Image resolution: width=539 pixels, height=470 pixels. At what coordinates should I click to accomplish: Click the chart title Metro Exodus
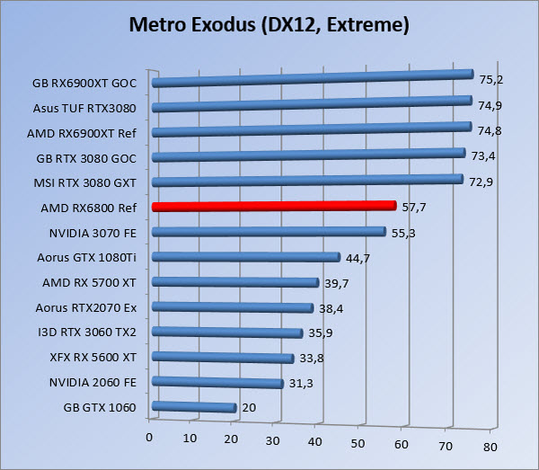(269, 24)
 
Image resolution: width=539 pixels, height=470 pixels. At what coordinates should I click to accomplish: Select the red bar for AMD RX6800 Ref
(274, 207)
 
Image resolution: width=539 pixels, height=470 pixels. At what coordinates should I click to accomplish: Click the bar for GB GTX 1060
(194, 408)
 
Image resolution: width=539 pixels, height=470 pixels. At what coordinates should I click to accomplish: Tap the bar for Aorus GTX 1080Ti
(246, 257)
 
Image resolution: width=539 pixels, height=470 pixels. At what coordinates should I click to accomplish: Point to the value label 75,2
(490, 79)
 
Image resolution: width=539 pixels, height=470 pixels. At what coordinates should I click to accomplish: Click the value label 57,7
(413, 207)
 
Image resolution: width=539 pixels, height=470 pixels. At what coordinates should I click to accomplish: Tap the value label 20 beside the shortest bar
(250, 409)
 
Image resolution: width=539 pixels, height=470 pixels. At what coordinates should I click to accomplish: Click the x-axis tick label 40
(315, 442)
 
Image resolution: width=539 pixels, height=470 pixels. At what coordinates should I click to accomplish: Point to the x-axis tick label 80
(490, 447)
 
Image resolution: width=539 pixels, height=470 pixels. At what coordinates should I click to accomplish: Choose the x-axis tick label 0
(149, 438)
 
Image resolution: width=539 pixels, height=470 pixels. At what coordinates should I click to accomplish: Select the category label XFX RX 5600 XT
(94, 357)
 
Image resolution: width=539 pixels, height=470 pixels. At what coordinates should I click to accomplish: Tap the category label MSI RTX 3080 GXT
(89, 182)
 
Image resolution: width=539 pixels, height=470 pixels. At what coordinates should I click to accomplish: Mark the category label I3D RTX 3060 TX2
(92, 332)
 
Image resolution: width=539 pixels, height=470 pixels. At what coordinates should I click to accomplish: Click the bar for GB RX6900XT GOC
(313, 78)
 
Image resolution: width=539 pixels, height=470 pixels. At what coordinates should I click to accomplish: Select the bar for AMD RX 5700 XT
(235, 282)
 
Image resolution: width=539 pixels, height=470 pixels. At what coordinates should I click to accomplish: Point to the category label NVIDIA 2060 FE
(93, 382)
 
